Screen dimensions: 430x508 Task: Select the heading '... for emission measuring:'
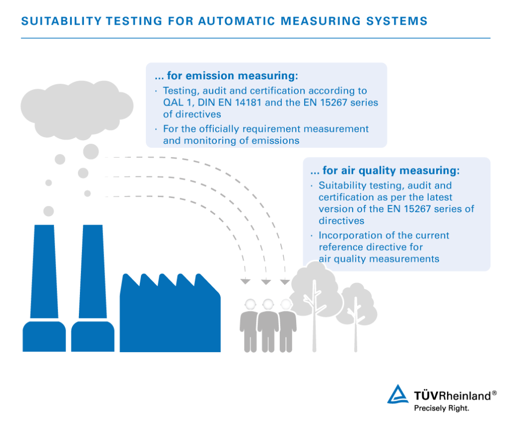(226, 76)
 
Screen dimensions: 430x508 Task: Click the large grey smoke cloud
(77, 107)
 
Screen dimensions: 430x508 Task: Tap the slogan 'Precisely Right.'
(442, 409)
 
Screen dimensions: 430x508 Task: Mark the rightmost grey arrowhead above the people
(285, 282)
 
